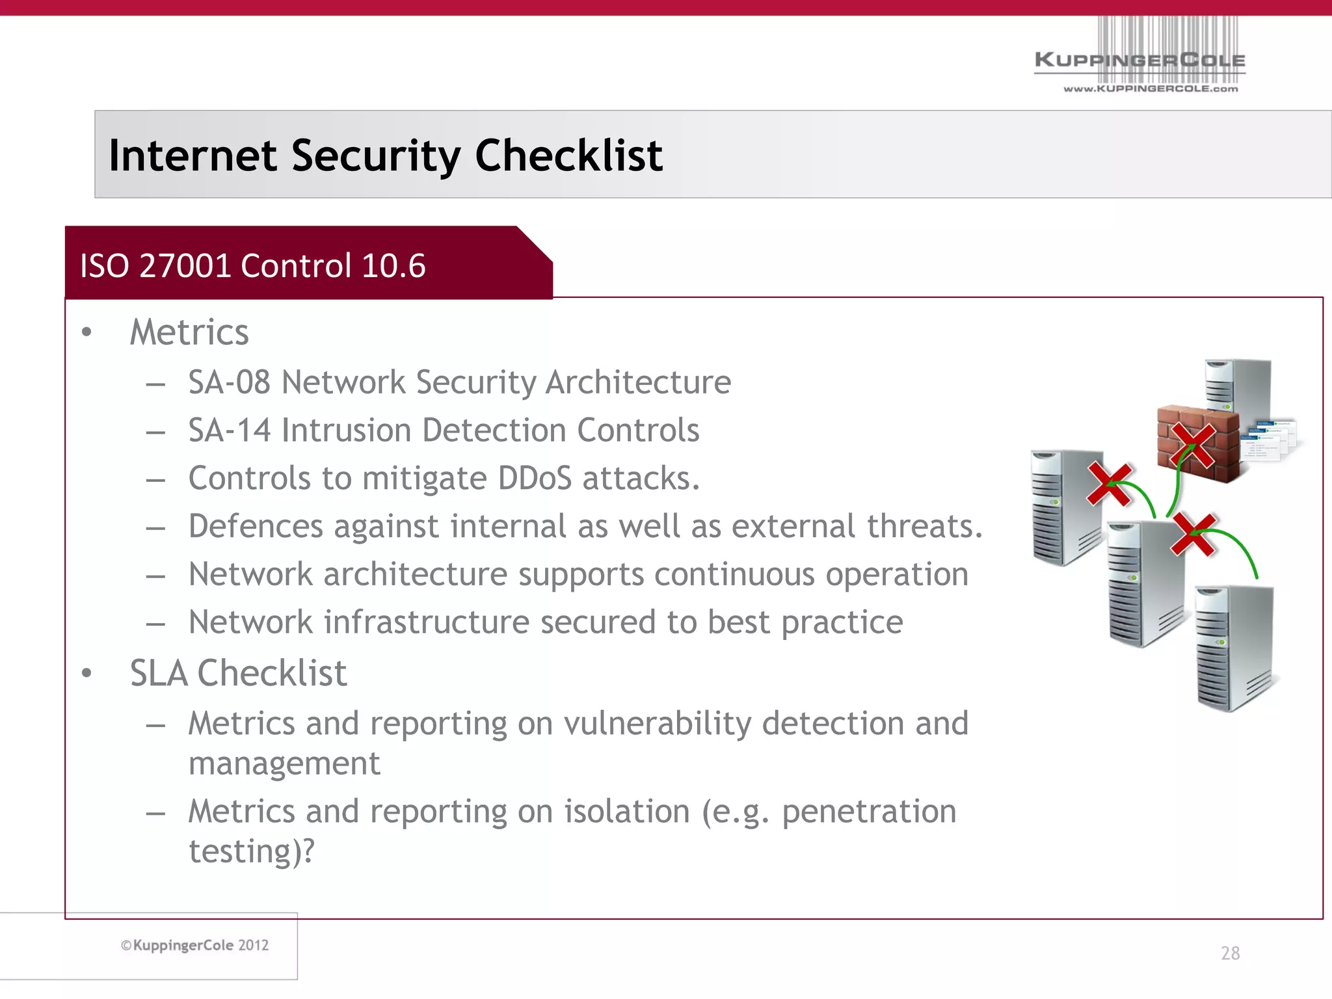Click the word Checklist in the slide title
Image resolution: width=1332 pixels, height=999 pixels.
point(568,155)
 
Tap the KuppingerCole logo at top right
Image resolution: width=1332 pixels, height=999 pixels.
point(1139,60)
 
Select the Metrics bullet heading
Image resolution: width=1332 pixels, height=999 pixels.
point(189,332)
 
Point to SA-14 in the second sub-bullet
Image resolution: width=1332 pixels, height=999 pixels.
point(229,430)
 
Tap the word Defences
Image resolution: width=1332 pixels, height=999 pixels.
point(256,526)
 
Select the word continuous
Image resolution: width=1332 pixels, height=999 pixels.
point(734,574)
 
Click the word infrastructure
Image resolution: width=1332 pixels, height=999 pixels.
point(426,622)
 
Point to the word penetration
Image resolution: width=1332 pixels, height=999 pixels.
point(868,812)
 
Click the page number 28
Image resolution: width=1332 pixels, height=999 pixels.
point(1230,953)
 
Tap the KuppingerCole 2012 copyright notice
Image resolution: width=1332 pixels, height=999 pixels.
point(195,945)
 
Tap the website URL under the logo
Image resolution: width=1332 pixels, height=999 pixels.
point(1151,88)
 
